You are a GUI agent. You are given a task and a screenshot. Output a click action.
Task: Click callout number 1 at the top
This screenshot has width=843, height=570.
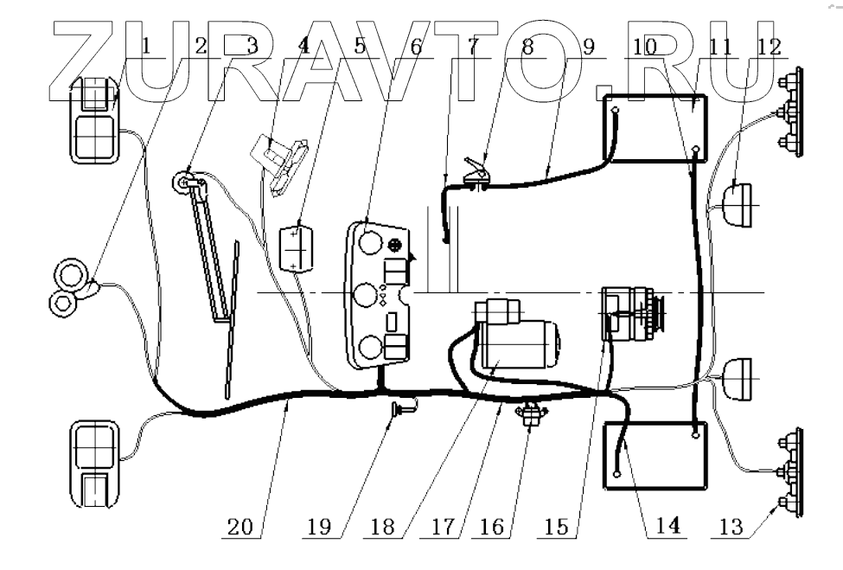click(147, 46)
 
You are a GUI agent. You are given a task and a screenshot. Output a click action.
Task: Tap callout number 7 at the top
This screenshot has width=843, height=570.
click(473, 46)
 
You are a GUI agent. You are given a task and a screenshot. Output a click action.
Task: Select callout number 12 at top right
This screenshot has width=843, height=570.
click(769, 47)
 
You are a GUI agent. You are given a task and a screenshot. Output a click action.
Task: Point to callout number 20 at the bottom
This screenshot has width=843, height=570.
click(239, 527)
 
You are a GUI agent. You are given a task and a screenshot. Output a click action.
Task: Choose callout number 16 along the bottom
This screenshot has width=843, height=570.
click(491, 527)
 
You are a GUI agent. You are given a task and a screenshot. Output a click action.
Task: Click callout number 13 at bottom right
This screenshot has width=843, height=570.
click(731, 527)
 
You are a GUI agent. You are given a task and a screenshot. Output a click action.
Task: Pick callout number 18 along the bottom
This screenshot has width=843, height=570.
click(382, 527)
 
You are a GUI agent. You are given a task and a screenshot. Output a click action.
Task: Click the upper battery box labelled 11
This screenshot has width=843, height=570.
click(655, 128)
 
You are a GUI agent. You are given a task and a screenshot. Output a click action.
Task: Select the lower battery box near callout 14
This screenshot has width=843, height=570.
click(655, 456)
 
